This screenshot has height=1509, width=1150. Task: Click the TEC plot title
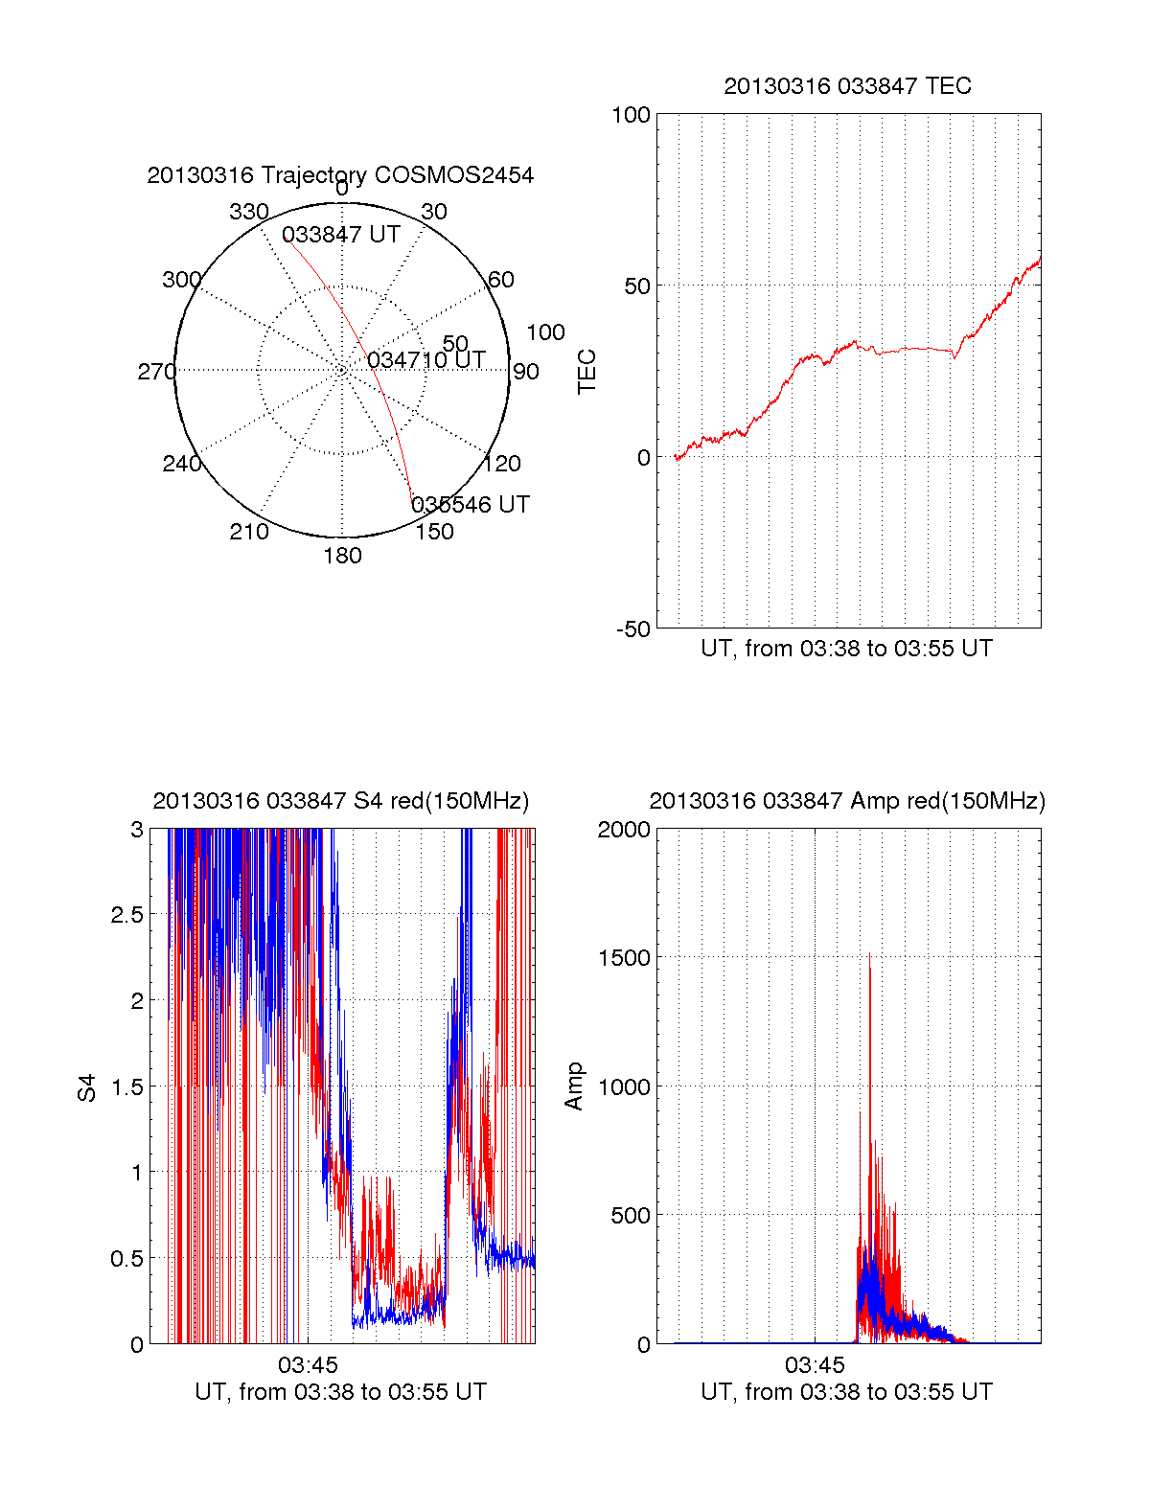point(847,86)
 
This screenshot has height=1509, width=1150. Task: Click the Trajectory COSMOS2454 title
point(340,175)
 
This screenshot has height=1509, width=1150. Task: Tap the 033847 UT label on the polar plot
point(340,235)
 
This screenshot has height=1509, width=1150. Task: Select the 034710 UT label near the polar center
point(426,360)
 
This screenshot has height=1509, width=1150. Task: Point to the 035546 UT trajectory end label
point(470,505)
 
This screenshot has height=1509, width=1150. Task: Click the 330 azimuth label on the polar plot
point(248,212)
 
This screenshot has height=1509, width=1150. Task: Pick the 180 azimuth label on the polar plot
point(342,556)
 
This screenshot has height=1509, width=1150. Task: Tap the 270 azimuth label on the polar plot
point(156,372)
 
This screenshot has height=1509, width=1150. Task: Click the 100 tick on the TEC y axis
point(631,115)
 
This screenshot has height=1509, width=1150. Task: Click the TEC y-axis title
point(586,372)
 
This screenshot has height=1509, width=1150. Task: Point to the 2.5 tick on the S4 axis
point(127,915)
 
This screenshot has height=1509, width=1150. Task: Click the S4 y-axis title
point(87,1087)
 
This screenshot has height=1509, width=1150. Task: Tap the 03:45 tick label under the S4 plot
point(308,1364)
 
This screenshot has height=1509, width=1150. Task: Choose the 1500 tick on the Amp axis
point(624,958)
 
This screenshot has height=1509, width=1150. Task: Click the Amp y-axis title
point(573,1086)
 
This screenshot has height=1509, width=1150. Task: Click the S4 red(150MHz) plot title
point(340,801)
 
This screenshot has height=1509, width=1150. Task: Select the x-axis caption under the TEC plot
point(846,649)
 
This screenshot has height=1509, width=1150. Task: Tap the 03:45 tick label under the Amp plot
point(815,1364)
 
